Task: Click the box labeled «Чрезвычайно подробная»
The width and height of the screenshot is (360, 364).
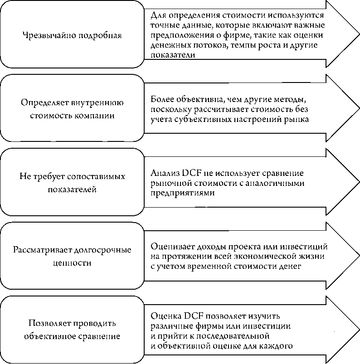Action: tap(72, 35)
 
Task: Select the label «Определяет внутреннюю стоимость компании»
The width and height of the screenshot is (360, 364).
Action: tap(72, 109)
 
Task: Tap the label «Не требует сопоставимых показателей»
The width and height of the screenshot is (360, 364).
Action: tap(72, 182)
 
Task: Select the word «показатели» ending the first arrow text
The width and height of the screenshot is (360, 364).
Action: tap(172, 55)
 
